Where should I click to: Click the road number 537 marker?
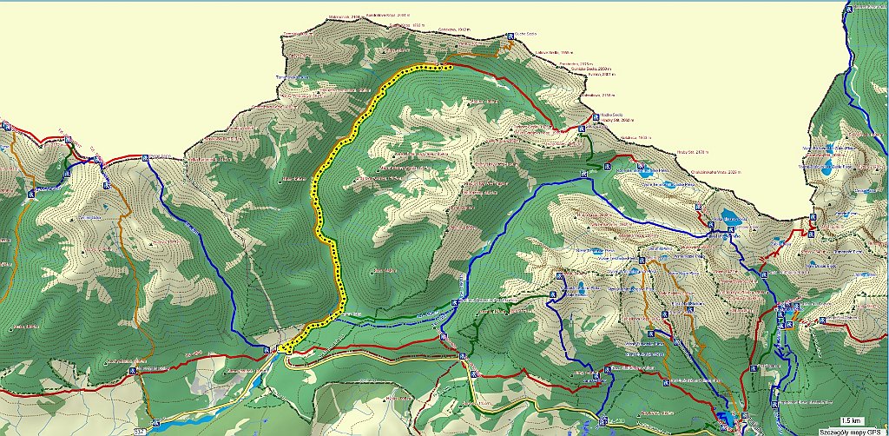pyautogui.click(x=141, y=429)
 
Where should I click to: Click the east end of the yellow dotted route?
pyautogui.click(x=450, y=65)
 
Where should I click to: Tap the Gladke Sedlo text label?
pyautogui.click(x=527, y=35)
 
